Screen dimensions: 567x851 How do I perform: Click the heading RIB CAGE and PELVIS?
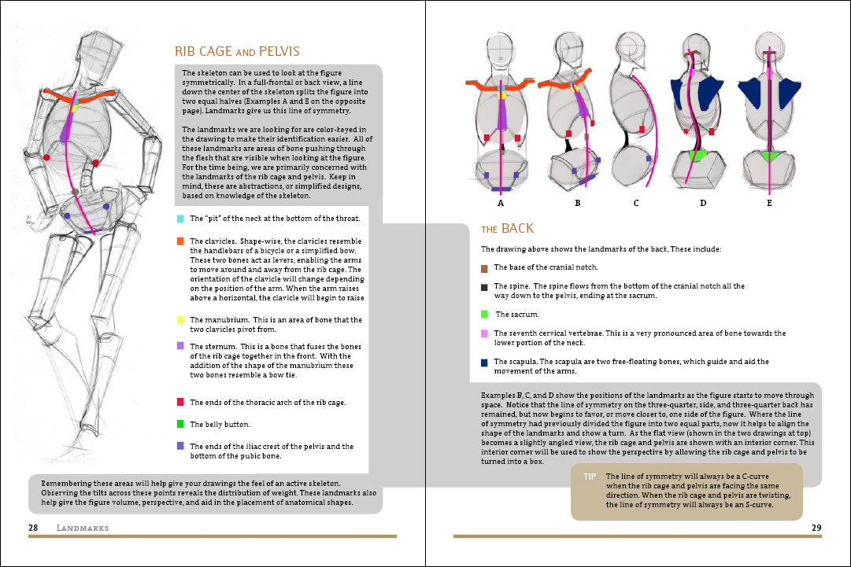click(237, 52)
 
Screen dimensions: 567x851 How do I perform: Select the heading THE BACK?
click(507, 229)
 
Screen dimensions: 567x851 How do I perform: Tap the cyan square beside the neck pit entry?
click(180, 218)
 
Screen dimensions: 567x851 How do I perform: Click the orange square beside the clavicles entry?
click(180, 241)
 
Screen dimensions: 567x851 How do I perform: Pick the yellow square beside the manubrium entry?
click(180, 320)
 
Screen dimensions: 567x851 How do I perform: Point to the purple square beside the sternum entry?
click(180, 345)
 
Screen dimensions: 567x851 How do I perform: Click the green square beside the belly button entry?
click(180, 424)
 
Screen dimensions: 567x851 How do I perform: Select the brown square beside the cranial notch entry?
click(485, 268)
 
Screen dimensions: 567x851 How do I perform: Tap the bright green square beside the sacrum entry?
click(485, 314)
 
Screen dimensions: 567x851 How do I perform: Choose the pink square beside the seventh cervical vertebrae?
click(485, 333)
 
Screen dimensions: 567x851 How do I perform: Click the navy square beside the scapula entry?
click(485, 362)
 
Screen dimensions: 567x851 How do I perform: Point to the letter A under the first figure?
click(500, 203)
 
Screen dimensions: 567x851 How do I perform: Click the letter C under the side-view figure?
click(636, 203)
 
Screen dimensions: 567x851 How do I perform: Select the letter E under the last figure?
click(769, 203)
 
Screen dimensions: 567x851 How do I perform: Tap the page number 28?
click(33, 527)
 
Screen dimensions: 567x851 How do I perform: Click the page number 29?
click(816, 527)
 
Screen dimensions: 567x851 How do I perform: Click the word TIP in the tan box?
click(590, 477)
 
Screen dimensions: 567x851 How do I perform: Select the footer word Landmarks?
click(83, 527)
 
